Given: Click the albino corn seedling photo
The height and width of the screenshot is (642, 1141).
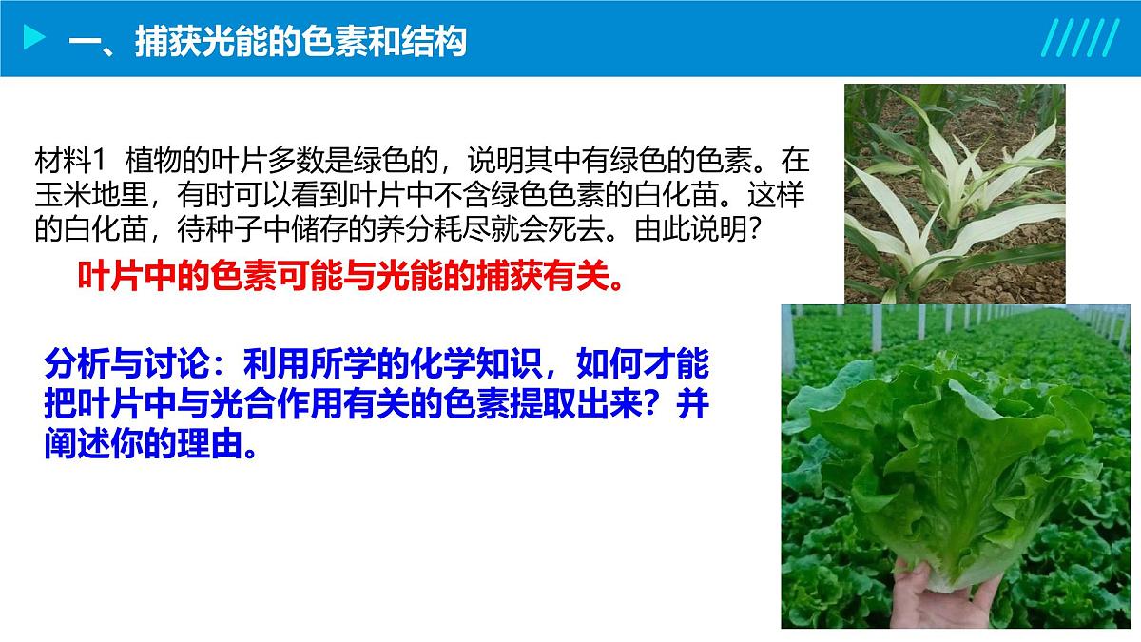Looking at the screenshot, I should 954,192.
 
